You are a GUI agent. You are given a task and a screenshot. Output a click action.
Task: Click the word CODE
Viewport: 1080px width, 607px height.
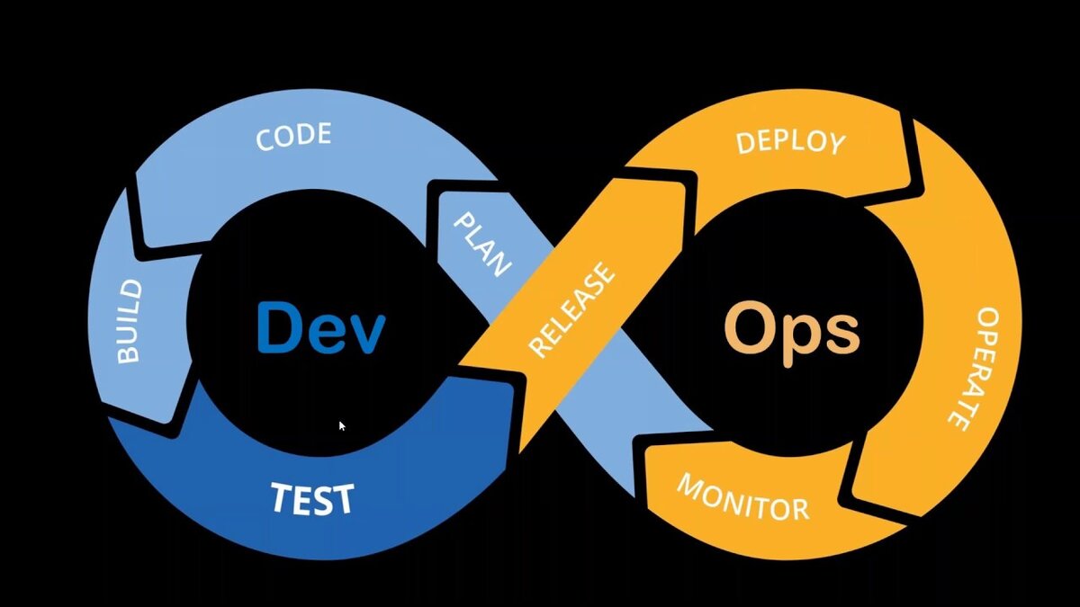coord(293,138)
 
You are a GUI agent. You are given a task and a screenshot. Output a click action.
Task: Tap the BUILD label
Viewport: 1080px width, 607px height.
coord(130,321)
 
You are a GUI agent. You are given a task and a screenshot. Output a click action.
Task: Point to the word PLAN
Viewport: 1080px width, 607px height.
coord(481,244)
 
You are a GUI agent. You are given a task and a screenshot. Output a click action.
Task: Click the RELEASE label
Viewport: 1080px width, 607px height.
coord(571,310)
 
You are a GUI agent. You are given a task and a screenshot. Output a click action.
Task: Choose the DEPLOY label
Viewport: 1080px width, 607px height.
coord(791,142)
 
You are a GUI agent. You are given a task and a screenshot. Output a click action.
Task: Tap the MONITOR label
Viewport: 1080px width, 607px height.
coord(742,496)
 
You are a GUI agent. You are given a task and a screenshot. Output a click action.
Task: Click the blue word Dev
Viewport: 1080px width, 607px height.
coord(320,327)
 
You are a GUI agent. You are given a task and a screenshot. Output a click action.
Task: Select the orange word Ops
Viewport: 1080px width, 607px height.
coord(792,331)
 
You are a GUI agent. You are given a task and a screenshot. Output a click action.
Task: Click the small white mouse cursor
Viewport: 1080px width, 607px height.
coord(342,425)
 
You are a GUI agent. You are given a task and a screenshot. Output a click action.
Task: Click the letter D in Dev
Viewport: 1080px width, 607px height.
coord(278,326)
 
